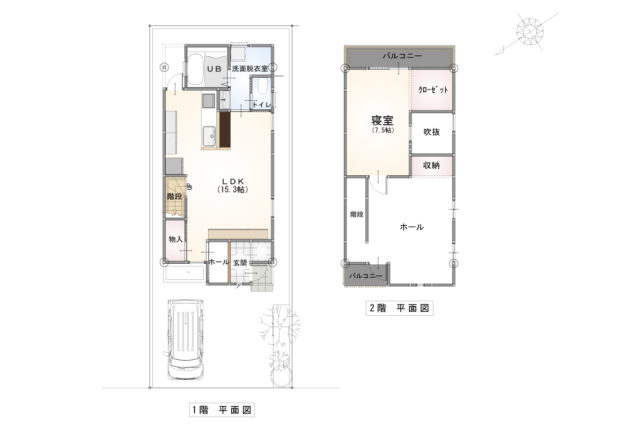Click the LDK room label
click(233, 182)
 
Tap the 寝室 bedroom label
click(382, 121)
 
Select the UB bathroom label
click(214, 69)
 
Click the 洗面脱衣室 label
click(250, 69)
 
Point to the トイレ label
click(262, 105)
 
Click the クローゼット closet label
click(433, 90)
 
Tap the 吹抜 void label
click(432, 132)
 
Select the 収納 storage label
click(432, 165)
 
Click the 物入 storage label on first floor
click(175, 239)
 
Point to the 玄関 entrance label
click(240, 263)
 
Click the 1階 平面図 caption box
click(222, 410)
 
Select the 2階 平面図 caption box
click(399, 308)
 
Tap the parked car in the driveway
click(185, 339)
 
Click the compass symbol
click(529, 31)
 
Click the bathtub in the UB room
click(195, 69)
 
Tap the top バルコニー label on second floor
click(402, 56)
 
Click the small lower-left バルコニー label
click(366, 276)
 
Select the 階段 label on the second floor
click(357, 214)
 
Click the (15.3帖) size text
click(233, 190)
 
